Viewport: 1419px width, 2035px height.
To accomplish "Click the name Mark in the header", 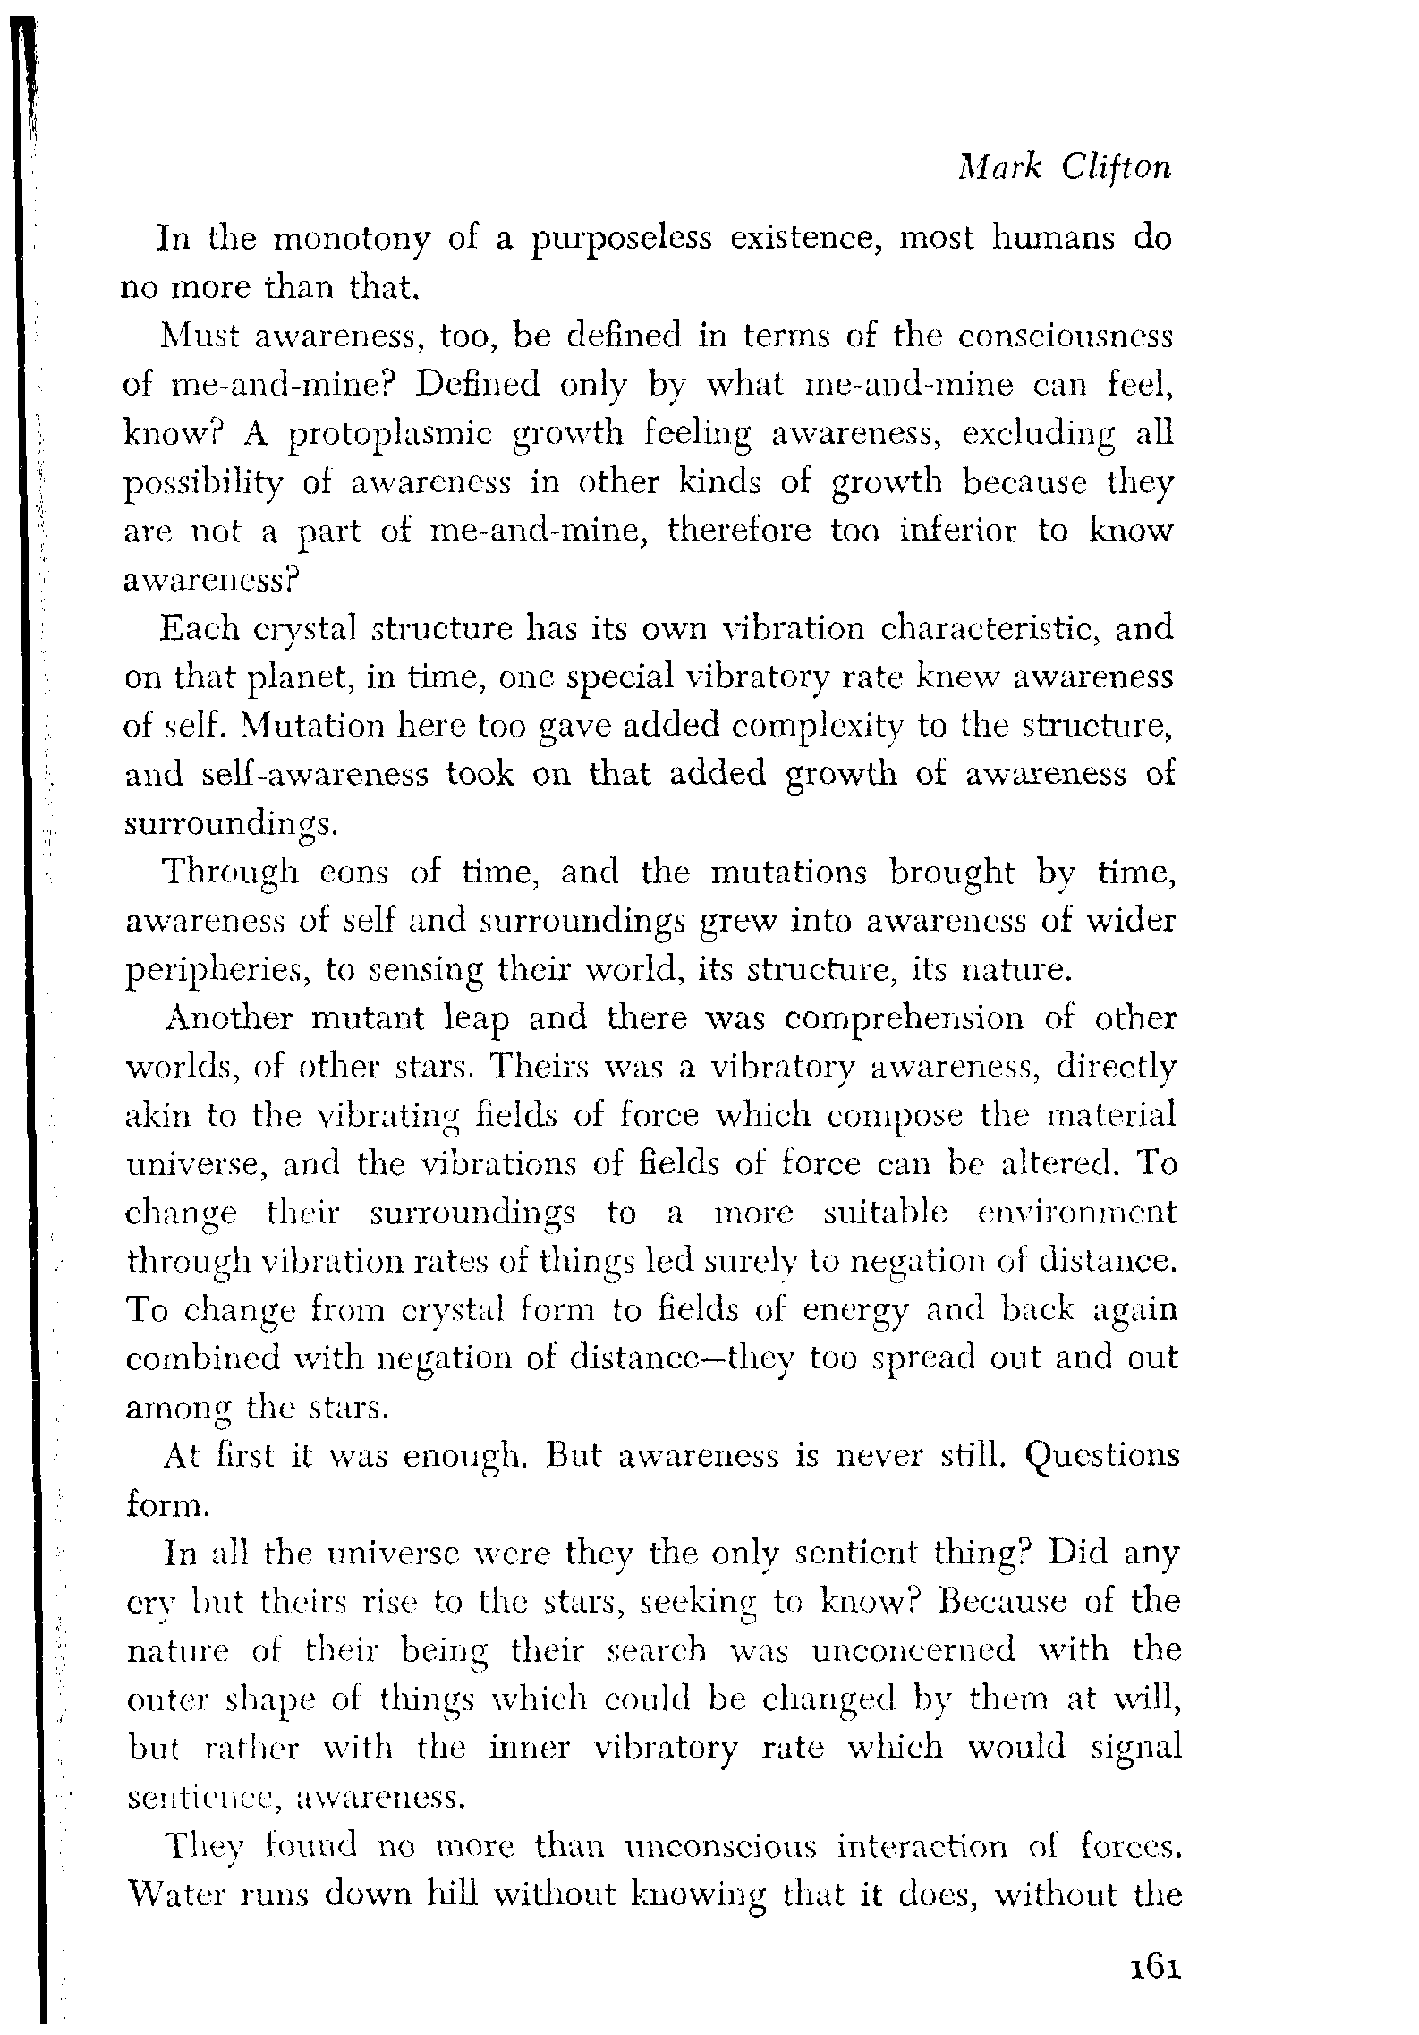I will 990,167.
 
